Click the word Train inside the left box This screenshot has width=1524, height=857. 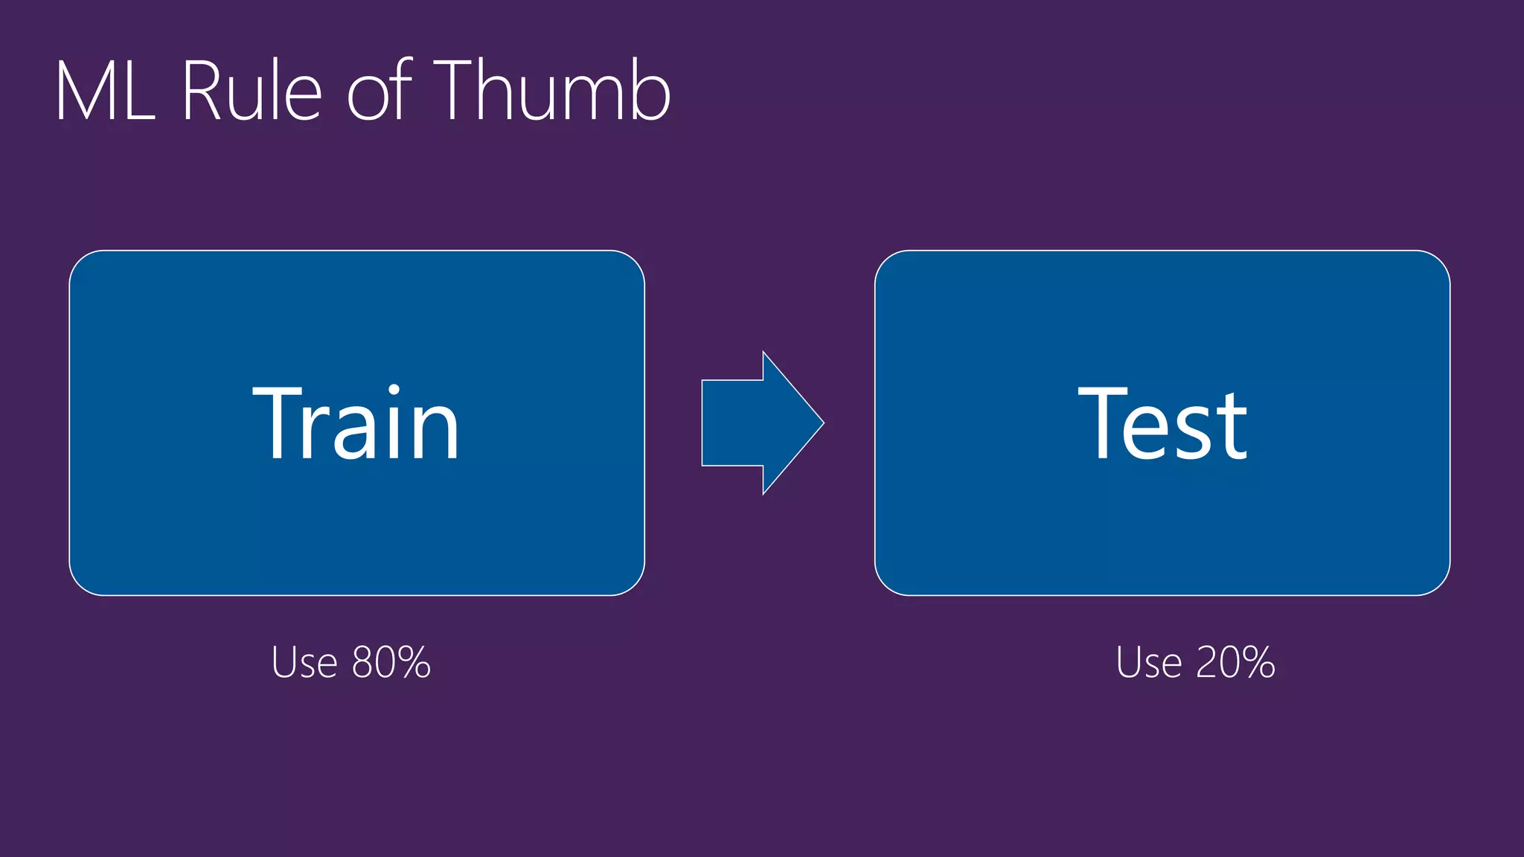click(356, 424)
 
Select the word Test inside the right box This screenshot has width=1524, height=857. click(1162, 424)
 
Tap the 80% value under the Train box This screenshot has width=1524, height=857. click(391, 662)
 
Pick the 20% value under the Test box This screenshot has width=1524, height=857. click(1236, 662)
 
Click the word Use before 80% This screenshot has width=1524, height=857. click(304, 662)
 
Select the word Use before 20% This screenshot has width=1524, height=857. click(1149, 662)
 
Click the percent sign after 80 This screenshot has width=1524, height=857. click(414, 662)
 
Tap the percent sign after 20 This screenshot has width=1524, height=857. click(1258, 662)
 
